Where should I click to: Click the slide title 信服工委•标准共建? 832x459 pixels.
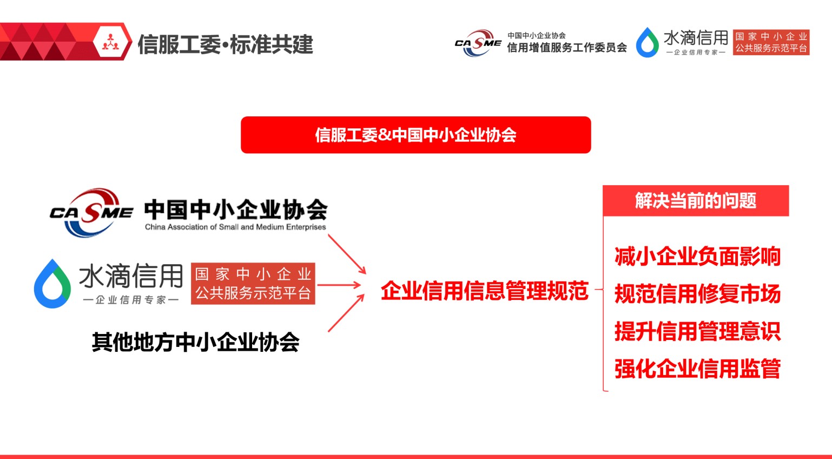(x=225, y=44)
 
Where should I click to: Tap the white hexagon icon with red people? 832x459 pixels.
(x=110, y=42)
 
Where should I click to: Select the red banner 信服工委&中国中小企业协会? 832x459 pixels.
(x=415, y=135)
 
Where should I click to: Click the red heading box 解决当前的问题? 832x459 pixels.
(x=696, y=201)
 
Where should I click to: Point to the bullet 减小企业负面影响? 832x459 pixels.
(x=697, y=257)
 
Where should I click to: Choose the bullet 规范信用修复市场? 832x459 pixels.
(x=697, y=293)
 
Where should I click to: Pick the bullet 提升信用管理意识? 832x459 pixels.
(x=697, y=331)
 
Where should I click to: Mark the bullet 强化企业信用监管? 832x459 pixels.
(x=697, y=369)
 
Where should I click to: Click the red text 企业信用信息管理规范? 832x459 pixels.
(x=485, y=290)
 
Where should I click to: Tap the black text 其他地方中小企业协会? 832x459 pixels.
(x=196, y=342)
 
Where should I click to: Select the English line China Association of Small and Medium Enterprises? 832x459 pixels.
(x=235, y=227)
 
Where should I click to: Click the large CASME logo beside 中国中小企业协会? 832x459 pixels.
(x=91, y=212)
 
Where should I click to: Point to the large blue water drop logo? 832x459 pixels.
(x=52, y=284)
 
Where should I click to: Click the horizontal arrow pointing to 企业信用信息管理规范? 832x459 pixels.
(x=339, y=285)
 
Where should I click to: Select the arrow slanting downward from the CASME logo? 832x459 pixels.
(x=347, y=254)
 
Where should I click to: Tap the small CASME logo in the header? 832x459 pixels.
(x=478, y=43)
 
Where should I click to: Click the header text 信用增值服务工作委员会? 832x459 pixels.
(x=567, y=48)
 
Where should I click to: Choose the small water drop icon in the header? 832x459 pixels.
(x=648, y=42)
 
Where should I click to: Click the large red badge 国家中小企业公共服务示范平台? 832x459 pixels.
(x=253, y=284)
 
